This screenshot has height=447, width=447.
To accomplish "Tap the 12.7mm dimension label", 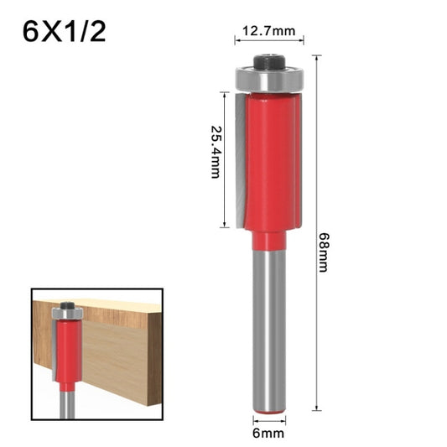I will click(268, 32).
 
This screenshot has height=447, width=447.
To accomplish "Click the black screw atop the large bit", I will click(269, 61).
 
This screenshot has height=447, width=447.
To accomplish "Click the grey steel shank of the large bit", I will click(269, 327).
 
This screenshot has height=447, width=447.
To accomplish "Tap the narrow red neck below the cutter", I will click(269, 241).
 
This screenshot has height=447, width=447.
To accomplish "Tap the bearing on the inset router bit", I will click(66, 314).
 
